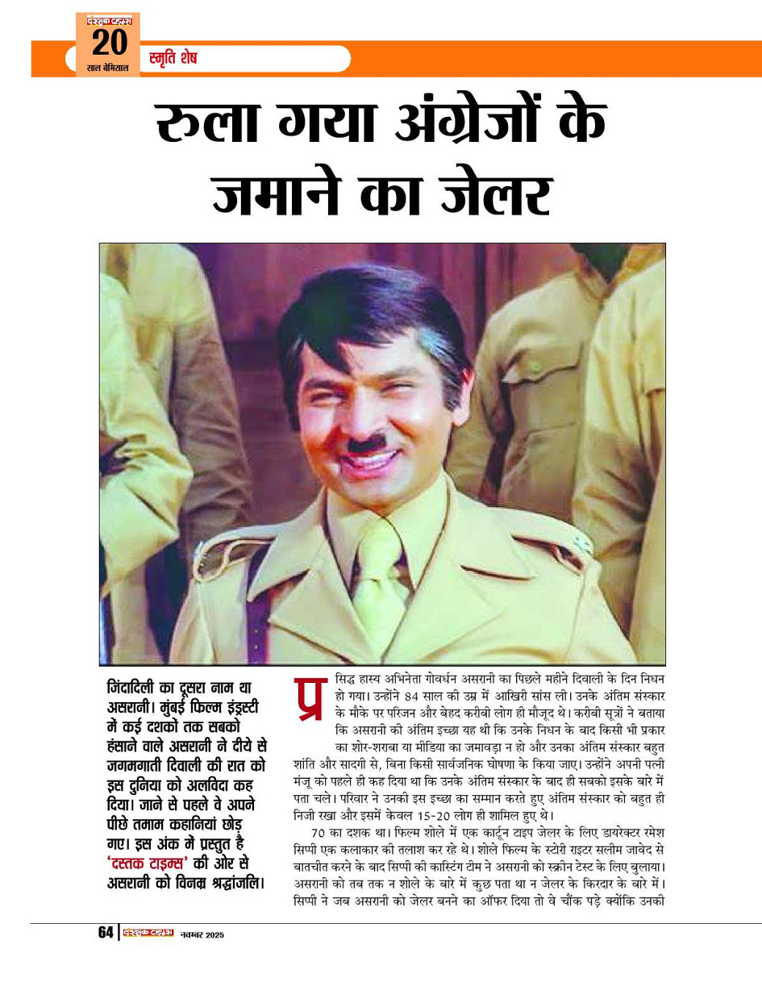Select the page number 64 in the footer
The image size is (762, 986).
[x=106, y=933]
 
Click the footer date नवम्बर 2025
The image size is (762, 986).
[x=202, y=934]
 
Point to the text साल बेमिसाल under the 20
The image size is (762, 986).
[x=107, y=68]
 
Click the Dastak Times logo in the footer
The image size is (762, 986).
[x=148, y=933]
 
